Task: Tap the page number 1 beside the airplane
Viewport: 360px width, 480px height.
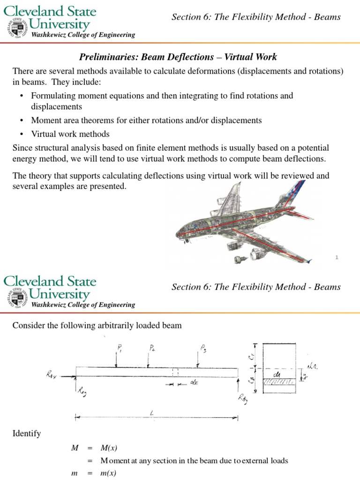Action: [x=337, y=256]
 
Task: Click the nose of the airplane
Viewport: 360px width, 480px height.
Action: [x=178, y=232]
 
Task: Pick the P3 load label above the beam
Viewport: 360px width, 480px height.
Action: [x=202, y=348]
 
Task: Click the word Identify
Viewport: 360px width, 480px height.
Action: [x=27, y=434]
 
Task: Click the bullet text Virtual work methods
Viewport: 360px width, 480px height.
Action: [x=70, y=134]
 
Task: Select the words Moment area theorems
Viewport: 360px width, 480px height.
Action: [x=68, y=120]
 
